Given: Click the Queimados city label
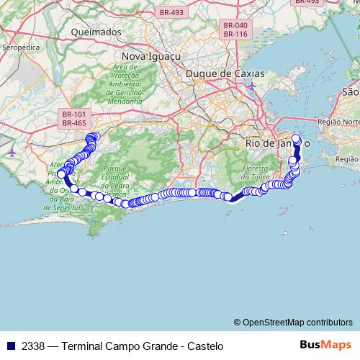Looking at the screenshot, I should pos(96,32).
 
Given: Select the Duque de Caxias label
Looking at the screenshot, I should pos(225,73).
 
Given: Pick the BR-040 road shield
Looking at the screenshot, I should pos(235,25).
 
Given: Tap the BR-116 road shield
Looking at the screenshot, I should pos(235,34).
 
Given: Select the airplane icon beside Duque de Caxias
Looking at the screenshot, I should pos(251,86).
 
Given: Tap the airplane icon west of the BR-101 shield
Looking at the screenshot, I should pos(12,153).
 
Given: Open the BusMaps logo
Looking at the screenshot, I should pos(325,345).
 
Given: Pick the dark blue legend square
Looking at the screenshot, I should pos(9,346).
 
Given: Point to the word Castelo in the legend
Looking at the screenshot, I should pos(205,346).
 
